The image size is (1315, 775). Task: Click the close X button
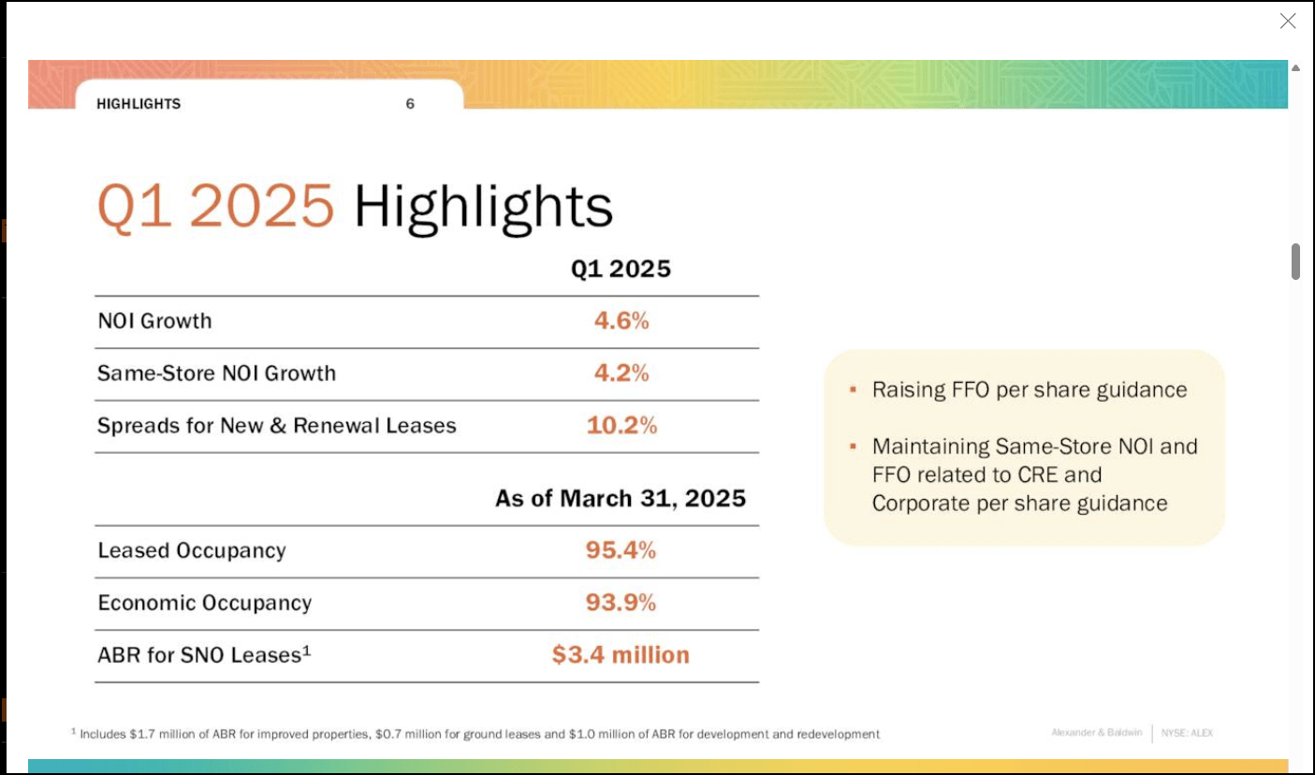tap(1288, 21)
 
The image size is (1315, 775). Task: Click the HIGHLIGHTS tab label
tap(139, 104)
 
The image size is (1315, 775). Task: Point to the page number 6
tap(410, 104)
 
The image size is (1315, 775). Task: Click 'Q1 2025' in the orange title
tap(216, 206)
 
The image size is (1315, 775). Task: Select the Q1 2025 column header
tap(621, 270)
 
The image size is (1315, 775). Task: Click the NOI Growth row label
tap(155, 321)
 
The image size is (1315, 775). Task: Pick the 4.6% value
tap(621, 321)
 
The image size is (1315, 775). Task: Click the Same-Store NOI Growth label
tap(216, 373)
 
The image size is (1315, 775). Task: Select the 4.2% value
tap(621, 373)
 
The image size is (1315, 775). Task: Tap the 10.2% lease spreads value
tap(621, 426)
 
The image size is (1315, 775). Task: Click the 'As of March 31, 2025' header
tap(621, 498)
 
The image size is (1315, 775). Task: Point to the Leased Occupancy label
tap(192, 550)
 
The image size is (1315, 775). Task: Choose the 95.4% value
tap(621, 550)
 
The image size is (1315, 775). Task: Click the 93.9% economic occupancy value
tap(621, 603)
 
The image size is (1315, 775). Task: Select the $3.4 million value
tap(621, 655)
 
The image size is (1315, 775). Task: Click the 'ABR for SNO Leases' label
tap(203, 655)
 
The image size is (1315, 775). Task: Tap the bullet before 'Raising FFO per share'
tap(853, 389)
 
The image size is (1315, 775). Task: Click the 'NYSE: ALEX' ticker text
tap(1187, 733)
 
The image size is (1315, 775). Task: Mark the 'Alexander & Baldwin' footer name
tap(1096, 733)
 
